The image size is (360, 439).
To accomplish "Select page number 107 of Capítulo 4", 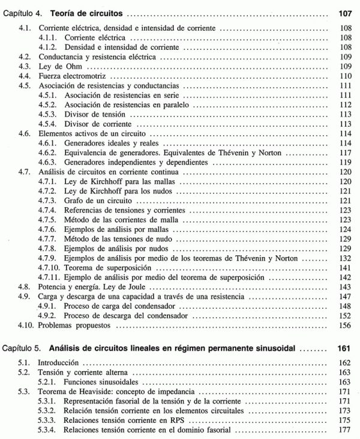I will [x=345, y=12].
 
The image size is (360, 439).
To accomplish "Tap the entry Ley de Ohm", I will [x=59, y=67].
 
